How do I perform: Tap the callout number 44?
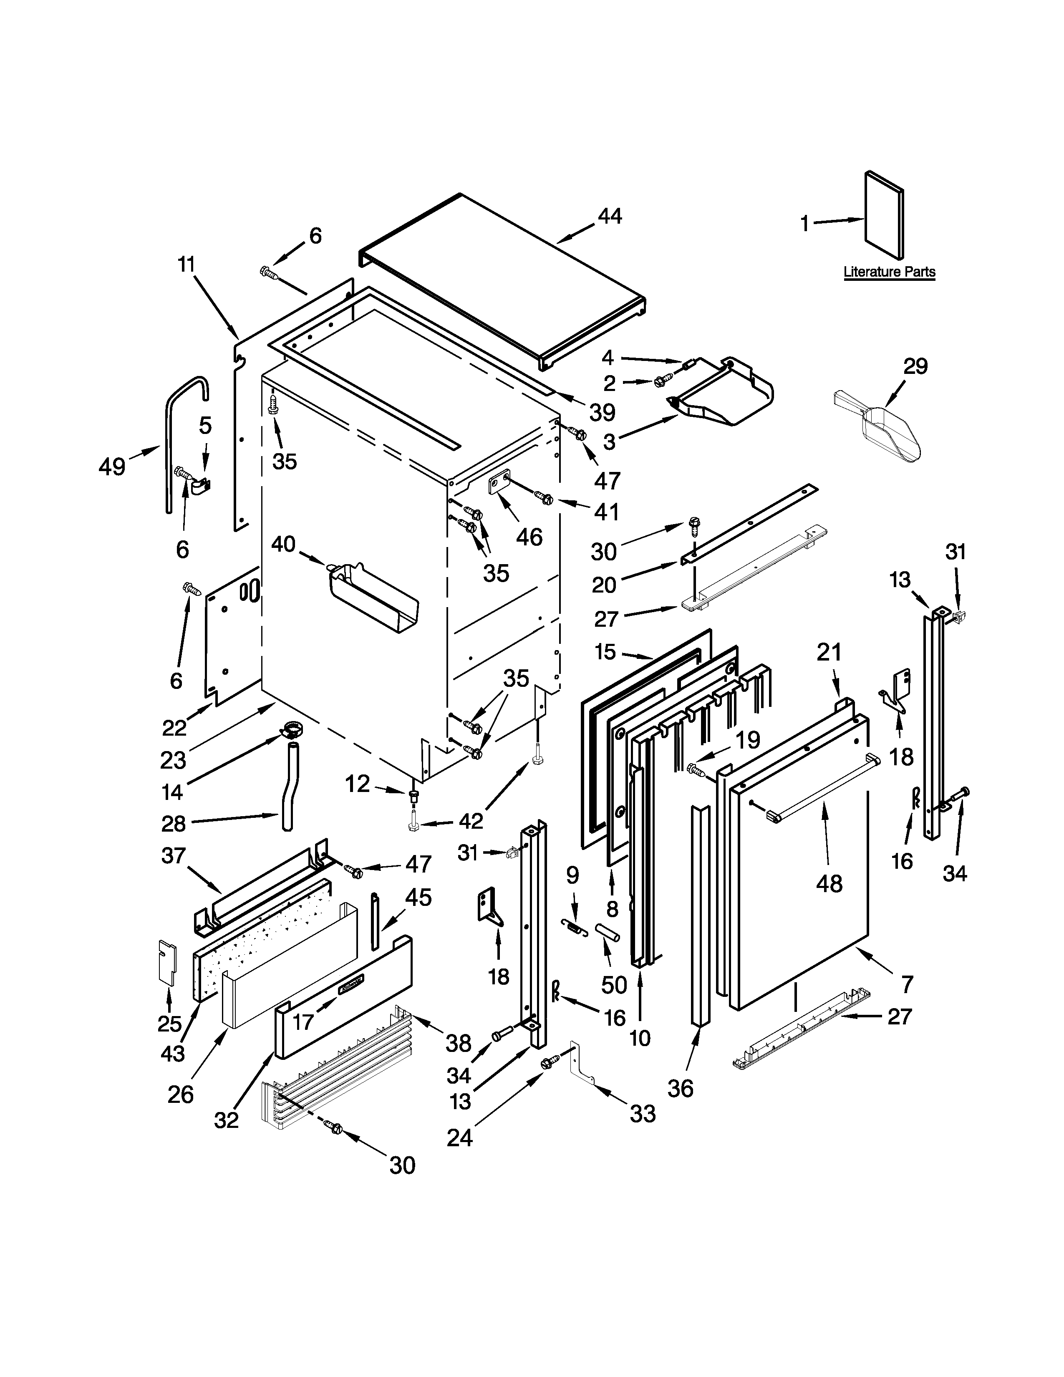coord(610,216)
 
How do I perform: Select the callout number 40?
coord(283,543)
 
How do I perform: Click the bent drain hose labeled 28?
coord(290,787)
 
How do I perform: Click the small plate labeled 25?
coord(166,963)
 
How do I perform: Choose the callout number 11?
coord(186,264)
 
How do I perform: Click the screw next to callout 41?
coord(545,499)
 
